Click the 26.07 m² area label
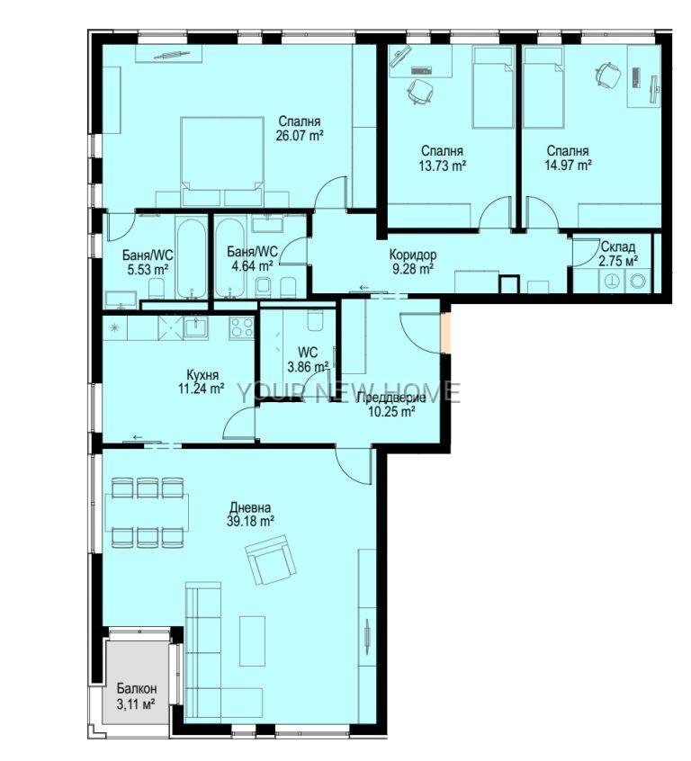tap(300, 136)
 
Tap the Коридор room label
tap(413, 255)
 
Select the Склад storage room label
tap(618, 246)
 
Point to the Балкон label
tap(137, 688)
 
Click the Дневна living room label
tap(250, 507)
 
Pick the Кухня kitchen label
tap(202, 375)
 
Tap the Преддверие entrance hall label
tap(391, 398)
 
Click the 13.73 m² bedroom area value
tap(443, 166)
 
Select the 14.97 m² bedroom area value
tap(568, 165)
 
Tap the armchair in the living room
tap(270, 560)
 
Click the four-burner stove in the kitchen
tap(242, 327)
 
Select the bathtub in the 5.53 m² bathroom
tap(192, 259)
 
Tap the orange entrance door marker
tap(445, 333)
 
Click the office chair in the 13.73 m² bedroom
tap(419, 91)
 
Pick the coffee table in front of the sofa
tap(253, 641)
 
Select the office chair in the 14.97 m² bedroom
tap(607, 76)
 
